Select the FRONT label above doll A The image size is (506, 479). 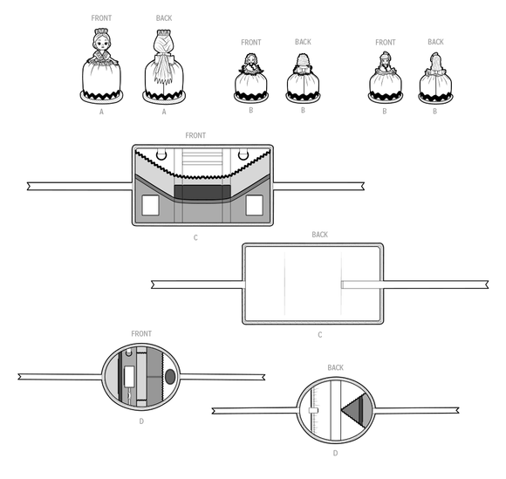click(x=101, y=17)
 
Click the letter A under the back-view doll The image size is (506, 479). click(x=163, y=112)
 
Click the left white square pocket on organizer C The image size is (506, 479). click(x=151, y=205)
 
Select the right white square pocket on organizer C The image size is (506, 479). click(x=254, y=205)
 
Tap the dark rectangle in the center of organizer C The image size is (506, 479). click(x=202, y=191)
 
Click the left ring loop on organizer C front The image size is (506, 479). click(x=158, y=157)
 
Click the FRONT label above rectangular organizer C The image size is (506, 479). click(x=196, y=135)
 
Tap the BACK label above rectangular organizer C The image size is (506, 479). click(x=321, y=235)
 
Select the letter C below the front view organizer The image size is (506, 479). click(x=196, y=236)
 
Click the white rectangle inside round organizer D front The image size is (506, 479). click(x=131, y=376)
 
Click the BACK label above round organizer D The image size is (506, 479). click(x=336, y=367)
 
